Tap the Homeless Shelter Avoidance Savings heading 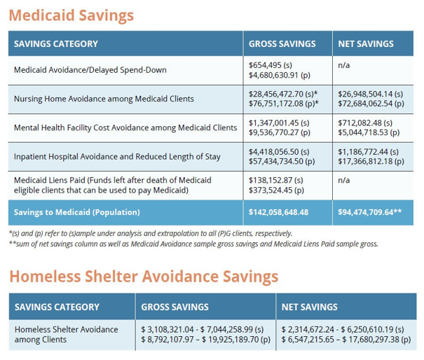(144, 275)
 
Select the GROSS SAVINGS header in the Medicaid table (282, 44)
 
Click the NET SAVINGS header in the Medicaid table (366, 44)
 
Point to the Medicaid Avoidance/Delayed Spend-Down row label (90, 70)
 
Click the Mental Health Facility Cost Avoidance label (125, 127)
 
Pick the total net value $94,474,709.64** (369, 212)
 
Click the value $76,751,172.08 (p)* (284, 103)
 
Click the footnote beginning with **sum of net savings (193, 244)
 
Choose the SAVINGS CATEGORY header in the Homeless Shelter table (57, 307)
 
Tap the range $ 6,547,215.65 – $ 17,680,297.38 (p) (346, 340)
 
